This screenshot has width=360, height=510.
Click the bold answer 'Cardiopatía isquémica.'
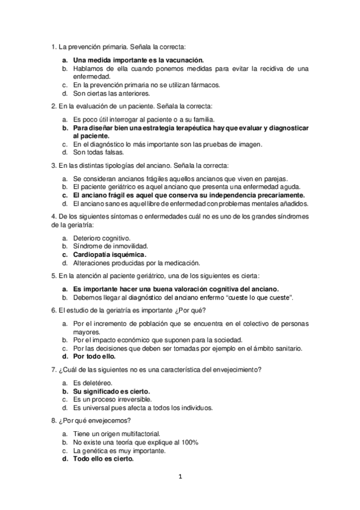pos(109,254)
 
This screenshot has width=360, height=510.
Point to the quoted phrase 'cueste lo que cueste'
pos(260,297)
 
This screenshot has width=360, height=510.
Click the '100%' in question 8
pos(190,441)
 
